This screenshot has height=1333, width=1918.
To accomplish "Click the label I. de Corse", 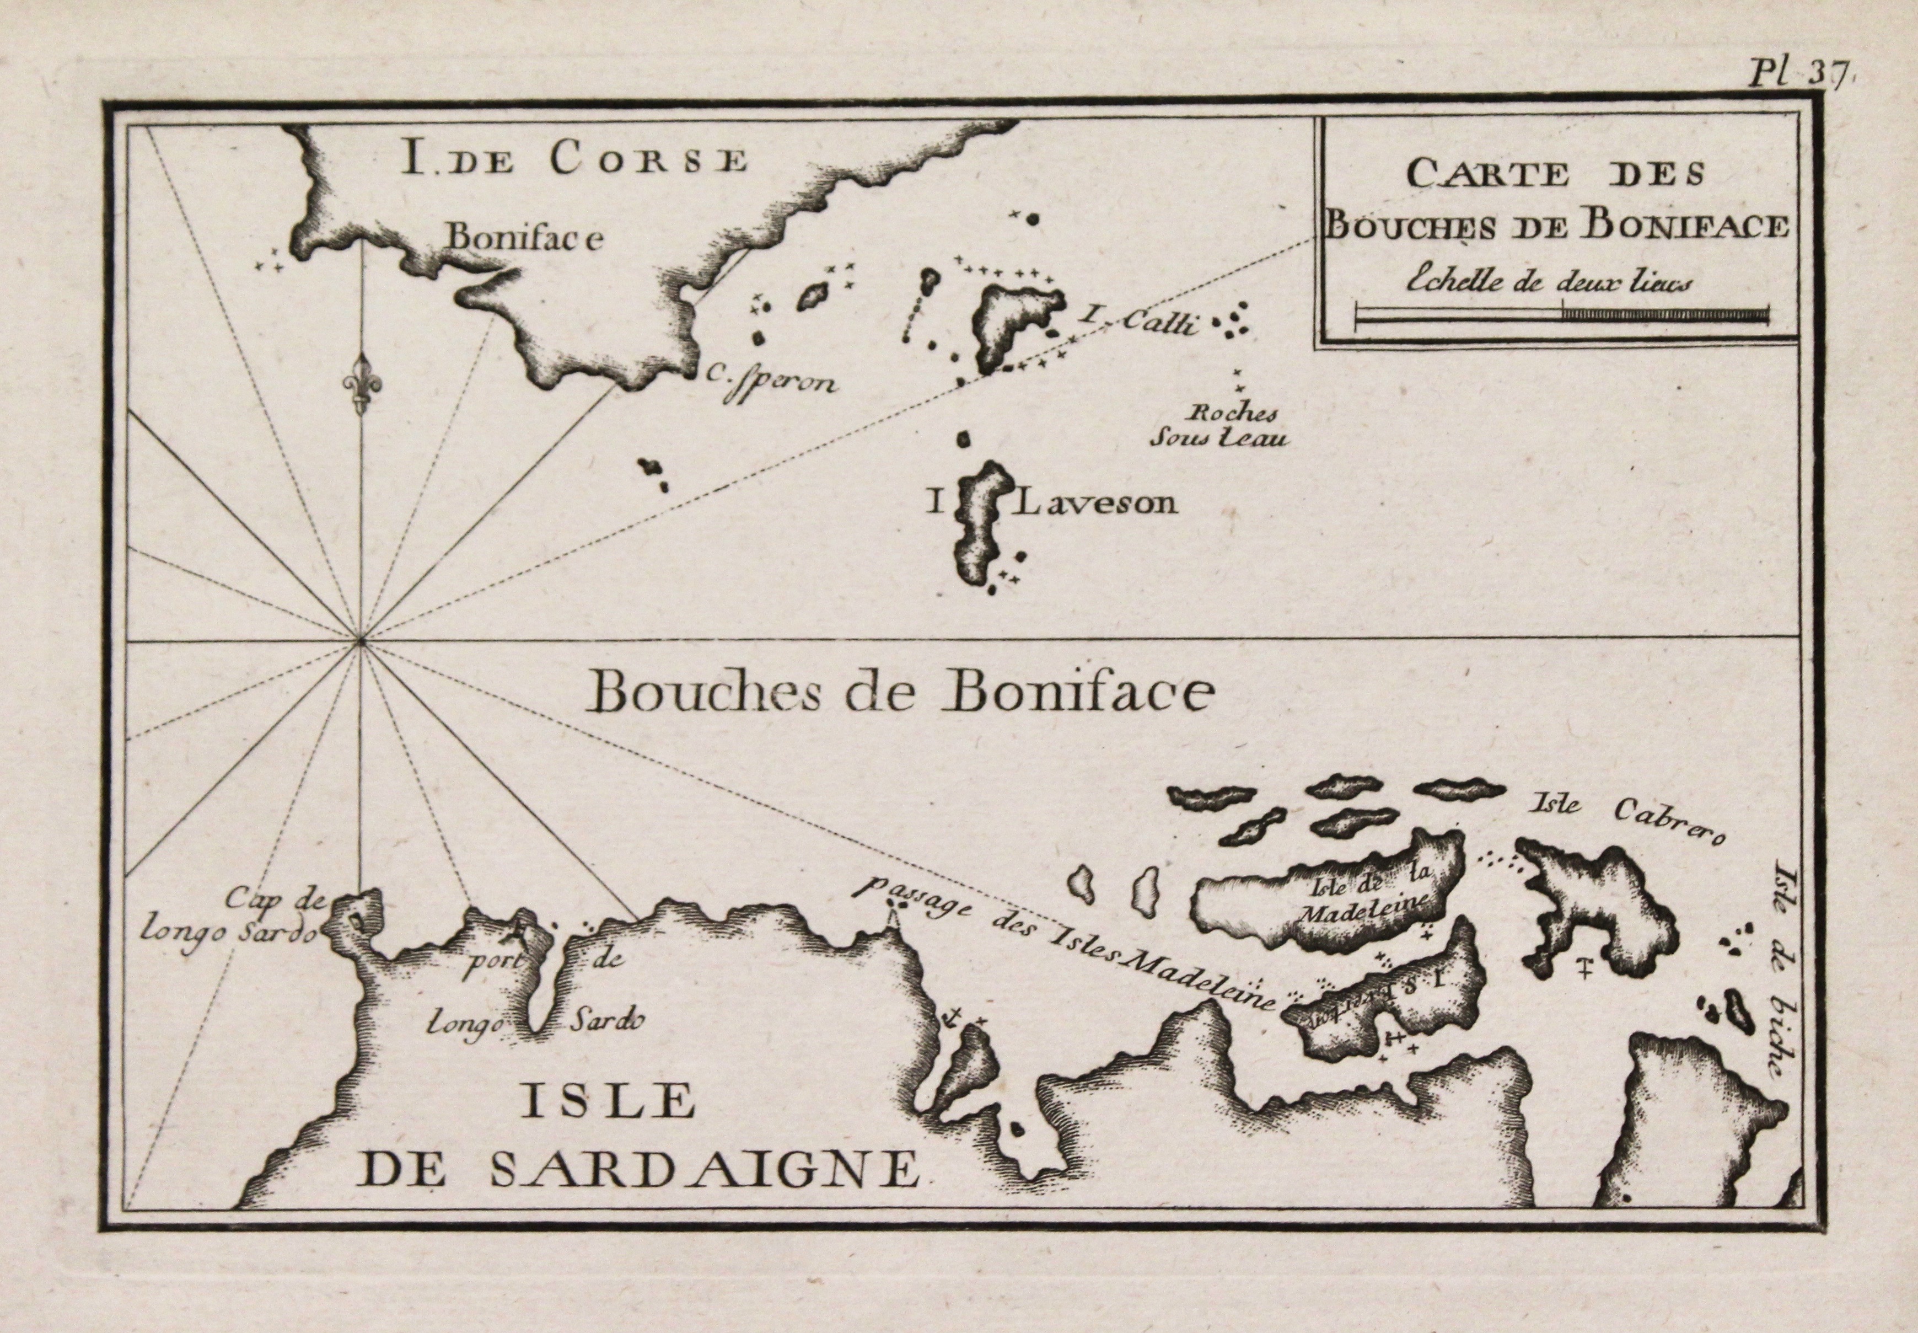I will (574, 159).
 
